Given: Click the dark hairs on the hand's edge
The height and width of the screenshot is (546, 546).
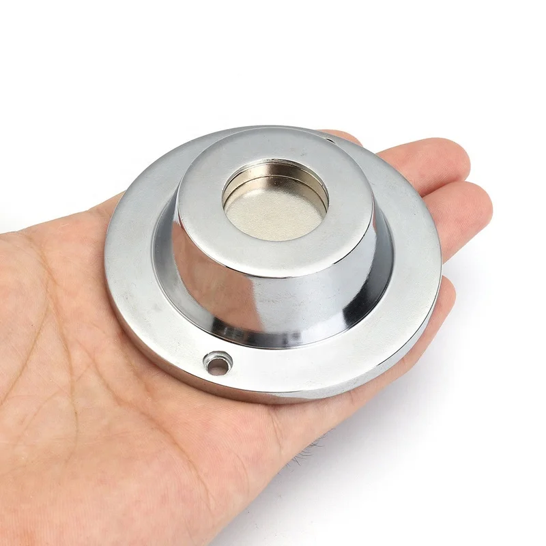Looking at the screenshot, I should tap(311, 450).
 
